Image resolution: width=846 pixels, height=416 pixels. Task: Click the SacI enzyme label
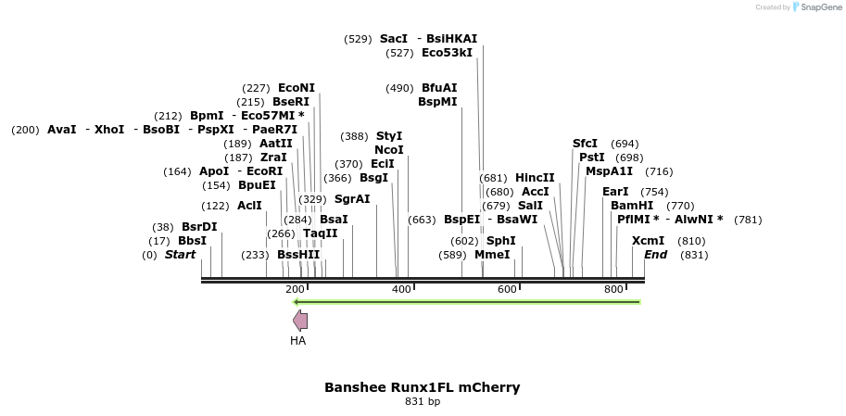[394, 39]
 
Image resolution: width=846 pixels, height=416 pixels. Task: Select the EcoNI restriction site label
[297, 88]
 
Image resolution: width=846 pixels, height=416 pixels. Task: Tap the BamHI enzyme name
[632, 206]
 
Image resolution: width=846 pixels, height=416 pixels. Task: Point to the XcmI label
[648, 241]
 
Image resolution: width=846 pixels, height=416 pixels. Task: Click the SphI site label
[500, 241]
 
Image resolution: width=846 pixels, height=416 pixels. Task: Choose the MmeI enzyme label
[492, 255]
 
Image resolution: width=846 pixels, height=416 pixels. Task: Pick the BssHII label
[298, 255]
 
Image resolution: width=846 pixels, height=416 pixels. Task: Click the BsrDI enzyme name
[199, 227]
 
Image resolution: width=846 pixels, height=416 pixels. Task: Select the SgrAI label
[352, 199]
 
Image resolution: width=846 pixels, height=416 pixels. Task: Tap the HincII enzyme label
[535, 178]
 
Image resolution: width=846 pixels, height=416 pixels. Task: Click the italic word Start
[181, 255]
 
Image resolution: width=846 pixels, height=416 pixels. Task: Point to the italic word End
[655, 255]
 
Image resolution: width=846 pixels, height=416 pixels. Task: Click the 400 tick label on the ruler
[401, 290]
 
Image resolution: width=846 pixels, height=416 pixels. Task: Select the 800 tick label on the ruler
[613, 290]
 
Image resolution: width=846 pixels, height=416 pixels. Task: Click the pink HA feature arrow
[300, 321]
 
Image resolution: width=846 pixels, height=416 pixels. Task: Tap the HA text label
[297, 341]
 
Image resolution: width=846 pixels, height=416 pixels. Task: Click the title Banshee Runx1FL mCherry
[422, 387]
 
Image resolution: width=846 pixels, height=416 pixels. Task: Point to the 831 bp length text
[423, 402]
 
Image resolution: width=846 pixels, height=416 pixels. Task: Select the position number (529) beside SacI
[358, 39]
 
